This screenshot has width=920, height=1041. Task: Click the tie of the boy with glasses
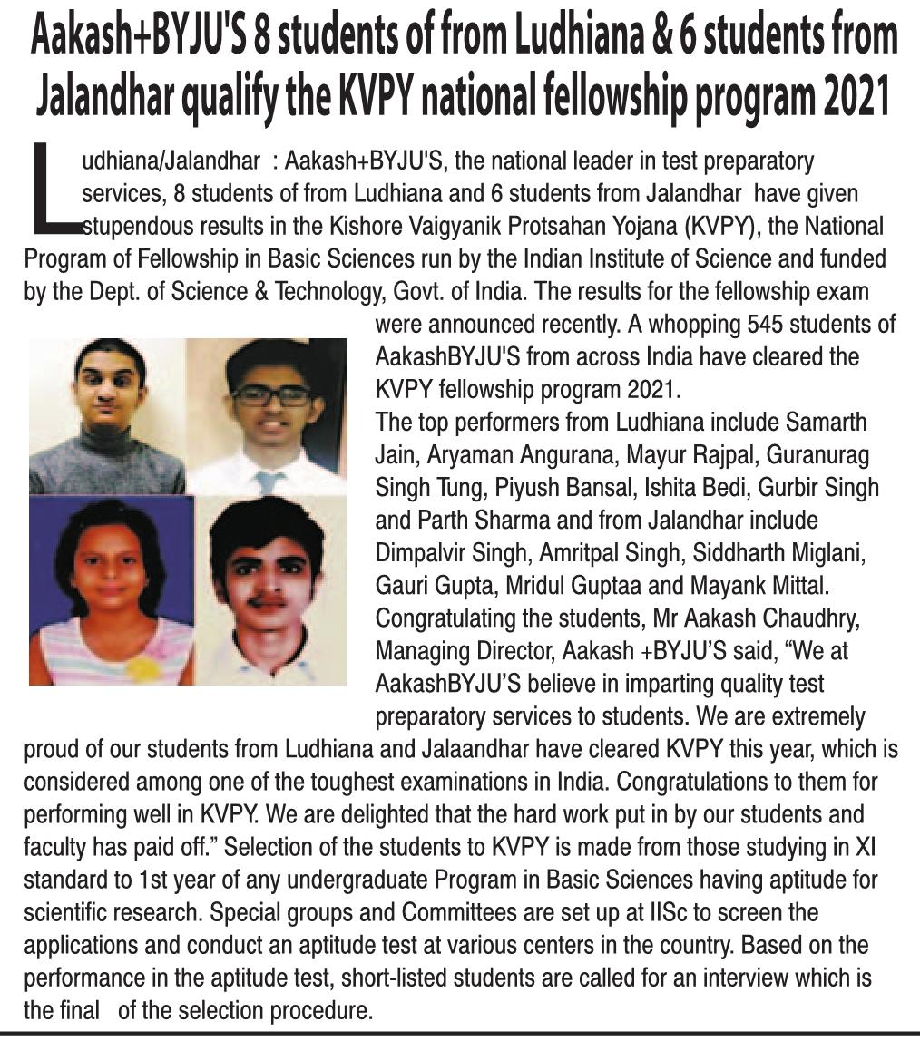(269, 480)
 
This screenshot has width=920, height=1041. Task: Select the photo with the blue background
(111, 589)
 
